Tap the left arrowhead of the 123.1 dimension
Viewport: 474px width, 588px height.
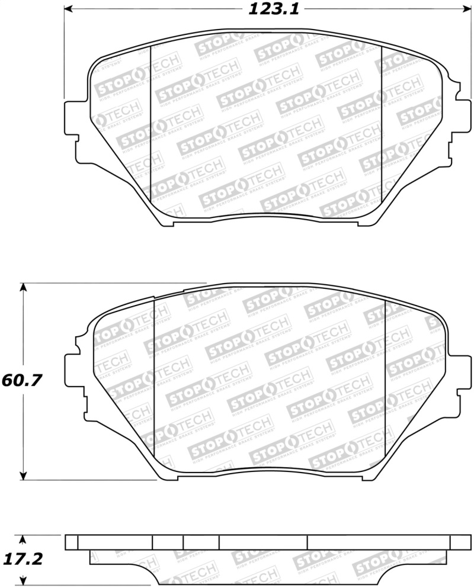pyautogui.click(x=68, y=9)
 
